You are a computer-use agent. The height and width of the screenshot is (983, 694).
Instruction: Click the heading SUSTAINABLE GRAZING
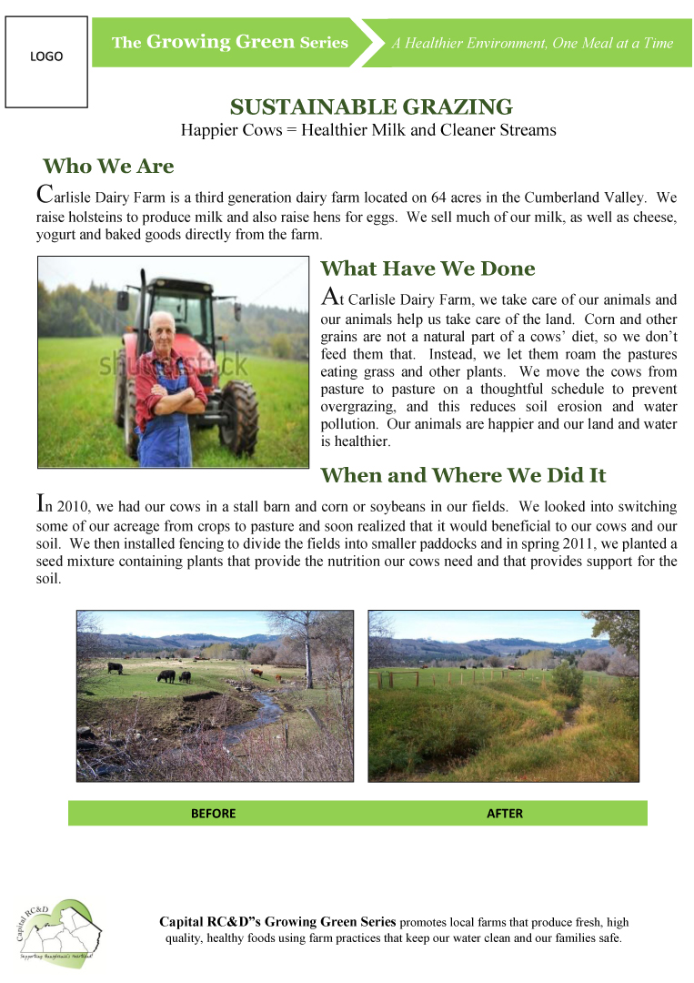tap(371, 107)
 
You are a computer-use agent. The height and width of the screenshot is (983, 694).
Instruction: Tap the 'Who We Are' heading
tap(108, 167)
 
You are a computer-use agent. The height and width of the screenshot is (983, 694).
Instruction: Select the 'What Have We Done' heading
tap(427, 269)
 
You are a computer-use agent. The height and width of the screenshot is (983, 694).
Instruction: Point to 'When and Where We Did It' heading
tap(463, 475)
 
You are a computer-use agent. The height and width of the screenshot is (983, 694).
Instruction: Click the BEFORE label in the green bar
tap(213, 813)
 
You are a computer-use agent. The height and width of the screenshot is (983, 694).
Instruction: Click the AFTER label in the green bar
tap(505, 813)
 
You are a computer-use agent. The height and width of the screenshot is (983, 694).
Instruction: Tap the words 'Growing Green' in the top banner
tap(220, 42)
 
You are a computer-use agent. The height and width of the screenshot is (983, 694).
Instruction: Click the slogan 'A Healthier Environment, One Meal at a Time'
tap(532, 43)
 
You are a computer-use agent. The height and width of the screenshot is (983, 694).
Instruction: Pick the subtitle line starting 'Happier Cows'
tap(367, 130)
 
